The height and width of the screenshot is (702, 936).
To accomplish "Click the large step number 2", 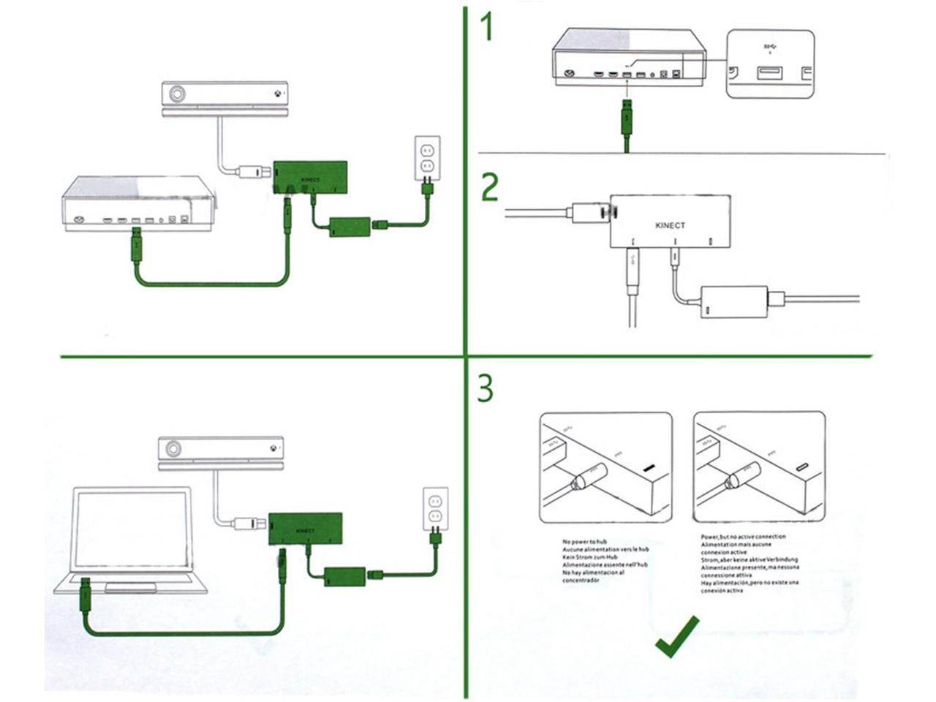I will coord(489,187).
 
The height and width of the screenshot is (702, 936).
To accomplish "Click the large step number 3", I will coord(486,389).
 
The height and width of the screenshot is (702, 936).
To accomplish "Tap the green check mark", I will coord(676,635).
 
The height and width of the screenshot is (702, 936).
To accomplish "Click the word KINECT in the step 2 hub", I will coord(670,225).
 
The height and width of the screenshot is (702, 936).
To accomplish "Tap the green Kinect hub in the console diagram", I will coord(310,178).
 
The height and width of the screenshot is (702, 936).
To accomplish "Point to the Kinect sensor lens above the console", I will coord(177,94).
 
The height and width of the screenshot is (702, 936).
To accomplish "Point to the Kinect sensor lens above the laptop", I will coord(173,449).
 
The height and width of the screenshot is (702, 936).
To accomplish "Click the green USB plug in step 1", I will coord(626,117).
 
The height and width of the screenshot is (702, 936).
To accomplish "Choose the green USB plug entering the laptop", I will coord(86,595).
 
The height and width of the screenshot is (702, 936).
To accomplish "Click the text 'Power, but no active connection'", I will coord(743,537).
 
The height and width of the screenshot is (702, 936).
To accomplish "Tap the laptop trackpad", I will coord(130,587).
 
